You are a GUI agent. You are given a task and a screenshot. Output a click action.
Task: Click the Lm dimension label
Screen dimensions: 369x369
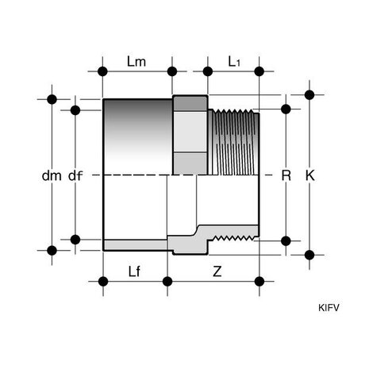[136, 62]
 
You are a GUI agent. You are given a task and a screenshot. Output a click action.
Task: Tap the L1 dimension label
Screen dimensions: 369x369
[234, 62]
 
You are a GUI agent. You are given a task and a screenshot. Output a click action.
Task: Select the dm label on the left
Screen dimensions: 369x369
[52, 175]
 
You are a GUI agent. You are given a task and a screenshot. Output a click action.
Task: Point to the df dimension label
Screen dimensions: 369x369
[75, 175]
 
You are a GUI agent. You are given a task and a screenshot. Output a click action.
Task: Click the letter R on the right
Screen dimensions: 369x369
[286, 175]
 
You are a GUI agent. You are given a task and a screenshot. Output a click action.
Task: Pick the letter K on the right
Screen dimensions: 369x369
[310, 175]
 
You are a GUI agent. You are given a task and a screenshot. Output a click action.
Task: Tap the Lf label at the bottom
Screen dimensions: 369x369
[134, 271]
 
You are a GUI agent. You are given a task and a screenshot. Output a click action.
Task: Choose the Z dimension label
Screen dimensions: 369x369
[217, 271]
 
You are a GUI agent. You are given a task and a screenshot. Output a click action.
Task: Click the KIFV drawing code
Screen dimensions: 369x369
[329, 308]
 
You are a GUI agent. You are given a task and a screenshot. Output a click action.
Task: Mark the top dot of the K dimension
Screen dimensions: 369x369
[309, 94]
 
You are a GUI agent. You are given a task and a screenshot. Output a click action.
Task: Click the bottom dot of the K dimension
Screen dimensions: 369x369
[309, 255]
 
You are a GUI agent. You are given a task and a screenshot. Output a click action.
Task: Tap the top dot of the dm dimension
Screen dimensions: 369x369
[52, 99]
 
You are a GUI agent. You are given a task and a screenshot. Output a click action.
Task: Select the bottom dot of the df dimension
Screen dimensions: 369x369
[75, 240]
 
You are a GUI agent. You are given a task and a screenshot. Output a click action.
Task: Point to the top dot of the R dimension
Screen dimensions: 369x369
[286, 109]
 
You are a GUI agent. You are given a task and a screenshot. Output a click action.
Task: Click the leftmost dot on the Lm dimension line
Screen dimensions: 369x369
[102, 71]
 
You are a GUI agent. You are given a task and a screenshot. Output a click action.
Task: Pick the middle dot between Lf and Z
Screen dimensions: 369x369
[167, 282]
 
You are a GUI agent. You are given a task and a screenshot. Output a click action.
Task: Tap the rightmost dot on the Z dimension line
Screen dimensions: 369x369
[259, 282]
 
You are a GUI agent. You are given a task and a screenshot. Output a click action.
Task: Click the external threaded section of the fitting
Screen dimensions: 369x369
[233, 142]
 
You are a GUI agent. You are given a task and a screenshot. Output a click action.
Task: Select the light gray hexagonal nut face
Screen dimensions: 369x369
[190, 132]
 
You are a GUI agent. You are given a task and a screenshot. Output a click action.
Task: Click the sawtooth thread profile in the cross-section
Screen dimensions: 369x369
[234, 238]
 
